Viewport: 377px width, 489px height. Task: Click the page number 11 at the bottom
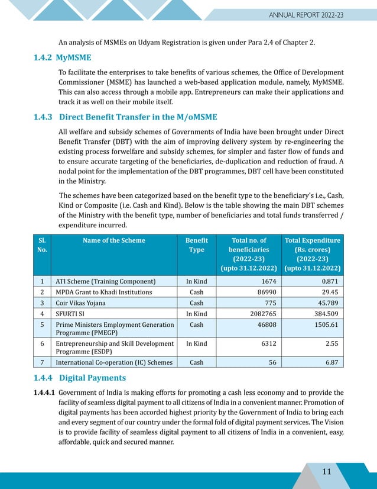pos(326,471)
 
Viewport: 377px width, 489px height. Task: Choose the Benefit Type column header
pos(196,245)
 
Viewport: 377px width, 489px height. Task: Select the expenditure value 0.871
pos(328,281)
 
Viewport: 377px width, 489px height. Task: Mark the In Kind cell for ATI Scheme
pos(196,281)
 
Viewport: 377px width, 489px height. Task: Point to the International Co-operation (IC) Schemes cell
pos(114,362)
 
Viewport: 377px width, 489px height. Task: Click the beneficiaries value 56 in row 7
pos(272,362)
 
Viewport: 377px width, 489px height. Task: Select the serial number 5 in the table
pos(41,325)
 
